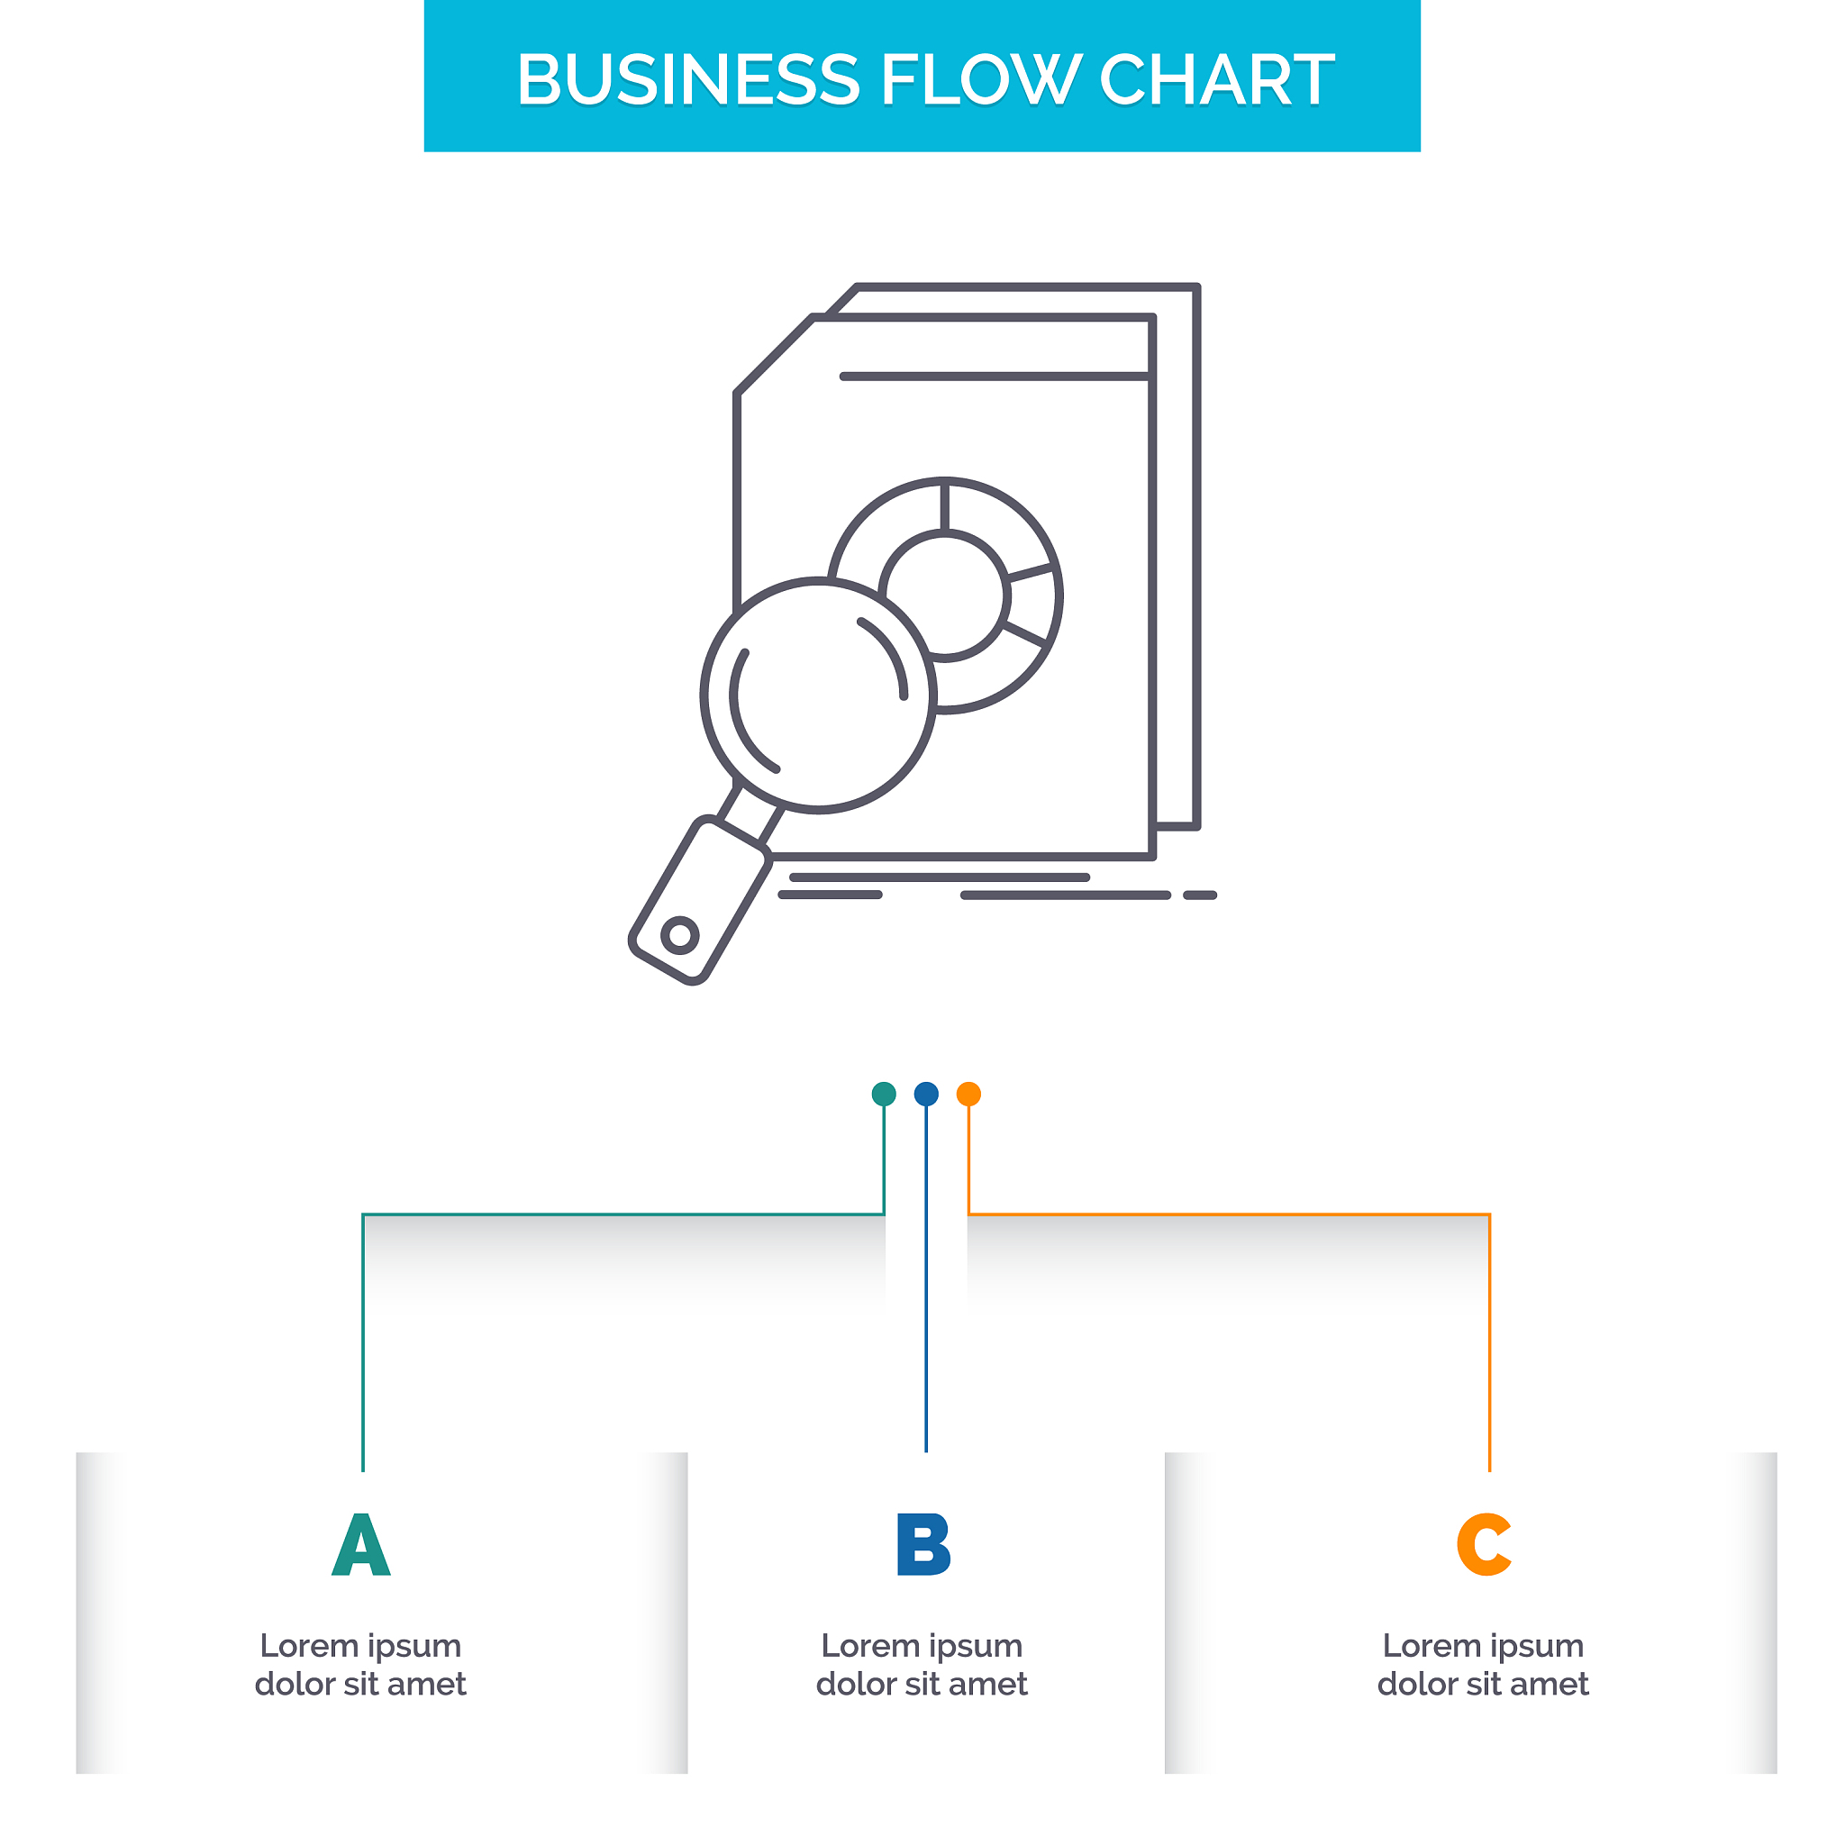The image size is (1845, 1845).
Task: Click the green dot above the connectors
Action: pos(885,1094)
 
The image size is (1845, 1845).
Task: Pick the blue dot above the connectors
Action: pos(926,1094)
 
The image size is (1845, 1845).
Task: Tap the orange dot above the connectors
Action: pos(968,1094)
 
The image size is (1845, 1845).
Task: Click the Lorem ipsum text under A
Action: pos(361,1665)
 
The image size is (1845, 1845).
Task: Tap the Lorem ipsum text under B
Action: pos(922,1665)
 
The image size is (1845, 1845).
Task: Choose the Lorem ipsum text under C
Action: pos(1483,1665)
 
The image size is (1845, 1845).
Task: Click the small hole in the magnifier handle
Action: pos(680,935)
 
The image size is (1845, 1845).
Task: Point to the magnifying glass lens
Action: pos(818,695)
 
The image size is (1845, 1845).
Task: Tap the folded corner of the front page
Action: pos(774,354)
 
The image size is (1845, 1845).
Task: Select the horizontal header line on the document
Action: pos(993,377)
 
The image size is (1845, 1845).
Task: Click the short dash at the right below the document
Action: pos(1199,895)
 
